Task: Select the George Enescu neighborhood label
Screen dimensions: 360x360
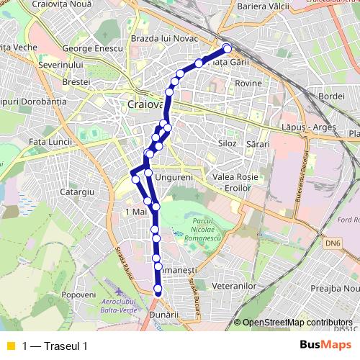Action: [x=93, y=49]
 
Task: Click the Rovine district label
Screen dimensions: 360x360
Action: [x=248, y=84]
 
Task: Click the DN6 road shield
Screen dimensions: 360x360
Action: [x=332, y=244]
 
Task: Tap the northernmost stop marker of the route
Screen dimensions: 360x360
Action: [x=227, y=48]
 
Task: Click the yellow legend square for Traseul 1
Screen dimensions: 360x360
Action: [x=11, y=346]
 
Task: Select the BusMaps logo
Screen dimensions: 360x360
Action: [x=325, y=345]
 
